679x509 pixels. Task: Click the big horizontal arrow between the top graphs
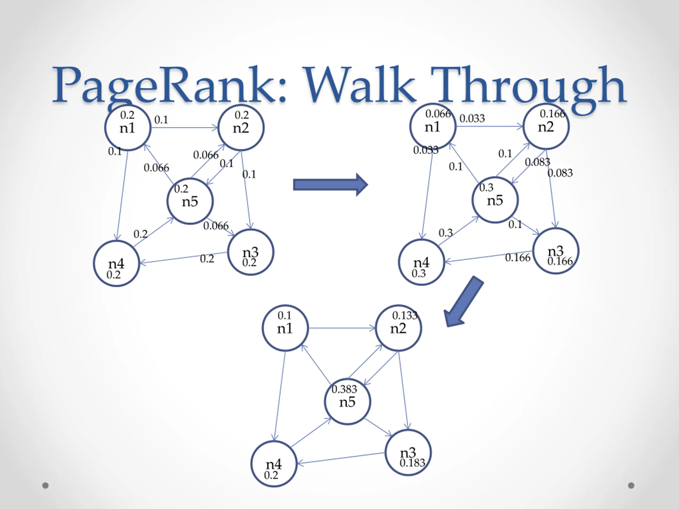coord(330,185)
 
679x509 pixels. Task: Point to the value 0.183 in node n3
coord(412,463)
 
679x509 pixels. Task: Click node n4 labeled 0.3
coord(421,262)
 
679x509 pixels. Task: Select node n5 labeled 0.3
coord(495,200)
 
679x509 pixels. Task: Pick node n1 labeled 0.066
coord(433,126)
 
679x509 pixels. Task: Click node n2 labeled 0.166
coord(546,126)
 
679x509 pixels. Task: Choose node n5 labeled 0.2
coord(190,201)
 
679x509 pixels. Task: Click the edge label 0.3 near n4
coord(445,233)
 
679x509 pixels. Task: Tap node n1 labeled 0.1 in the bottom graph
coord(285,328)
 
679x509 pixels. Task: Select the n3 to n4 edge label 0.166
coord(517,258)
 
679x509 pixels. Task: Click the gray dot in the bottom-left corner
coord(45,485)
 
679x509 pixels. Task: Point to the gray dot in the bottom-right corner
coord(631,485)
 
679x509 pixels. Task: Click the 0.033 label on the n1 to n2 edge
coord(472,119)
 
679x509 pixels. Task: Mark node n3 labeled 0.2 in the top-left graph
coord(250,252)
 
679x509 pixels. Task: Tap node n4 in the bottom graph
coord(274,464)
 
